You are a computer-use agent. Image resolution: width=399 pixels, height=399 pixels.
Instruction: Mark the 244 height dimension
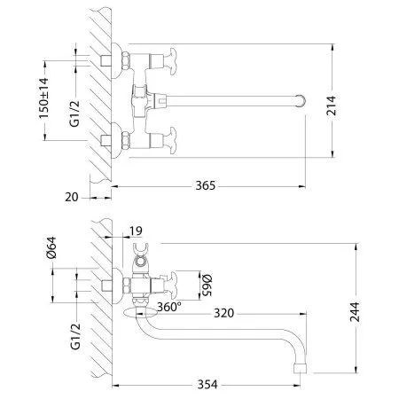[x=355, y=310]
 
